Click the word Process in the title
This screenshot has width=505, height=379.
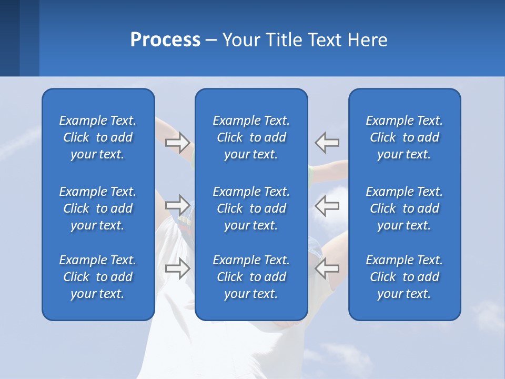tap(165, 40)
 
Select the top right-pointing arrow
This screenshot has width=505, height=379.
tap(177, 142)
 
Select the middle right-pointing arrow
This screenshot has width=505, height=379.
tap(177, 205)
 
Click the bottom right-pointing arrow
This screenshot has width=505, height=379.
tap(177, 268)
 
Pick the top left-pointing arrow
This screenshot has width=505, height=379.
tap(327, 142)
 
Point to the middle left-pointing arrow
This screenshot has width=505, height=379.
tap(327, 205)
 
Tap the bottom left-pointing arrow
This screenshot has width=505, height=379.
tap(327, 268)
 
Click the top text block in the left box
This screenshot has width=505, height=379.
tap(98, 137)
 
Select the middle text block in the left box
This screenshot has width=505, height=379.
tap(98, 208)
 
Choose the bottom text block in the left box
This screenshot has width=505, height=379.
tap(98, 277)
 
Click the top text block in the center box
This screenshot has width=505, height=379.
tap(251, 137)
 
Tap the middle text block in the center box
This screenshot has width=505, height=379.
tap(251, 208)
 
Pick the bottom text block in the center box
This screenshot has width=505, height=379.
tap(251, 277)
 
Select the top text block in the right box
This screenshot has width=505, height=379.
tap(405, 137)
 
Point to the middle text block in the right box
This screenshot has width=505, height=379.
tap(405, 208)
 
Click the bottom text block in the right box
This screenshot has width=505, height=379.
tap(405, 277)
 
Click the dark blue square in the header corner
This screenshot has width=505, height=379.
tap(9, 38)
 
